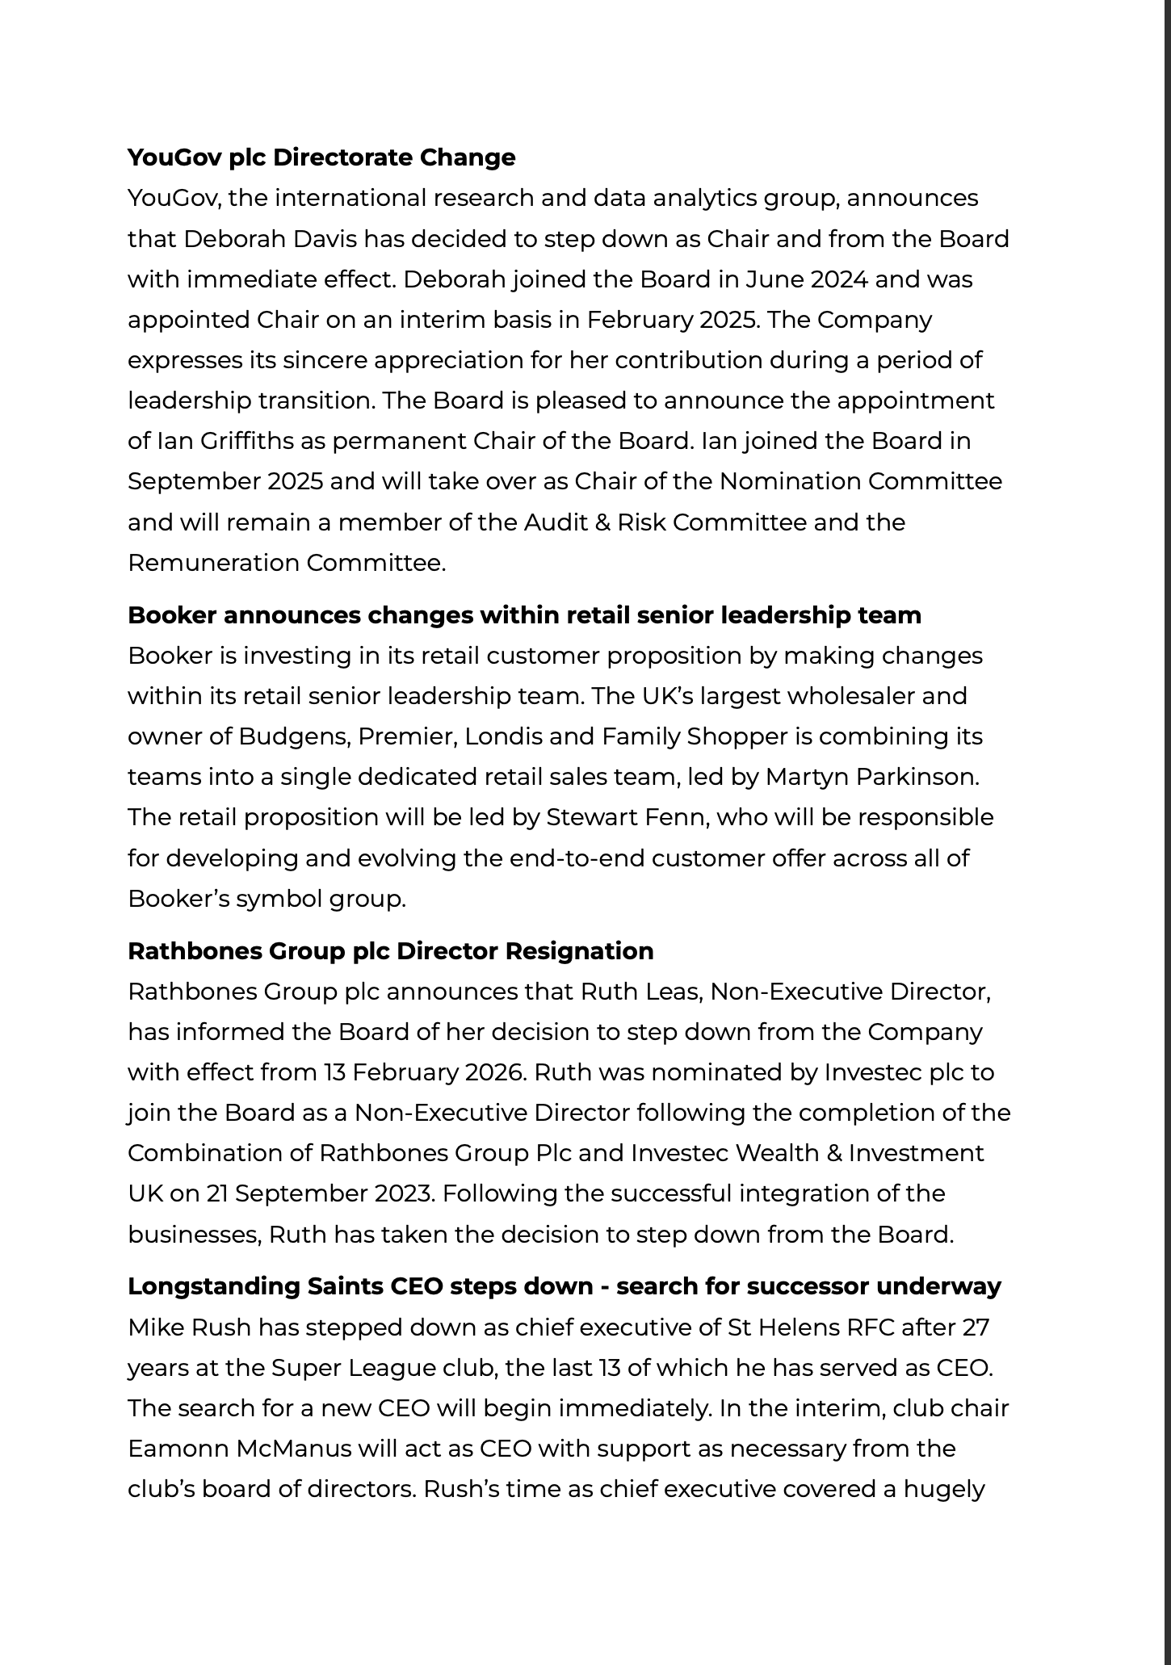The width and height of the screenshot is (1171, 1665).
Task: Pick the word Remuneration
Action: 213,563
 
